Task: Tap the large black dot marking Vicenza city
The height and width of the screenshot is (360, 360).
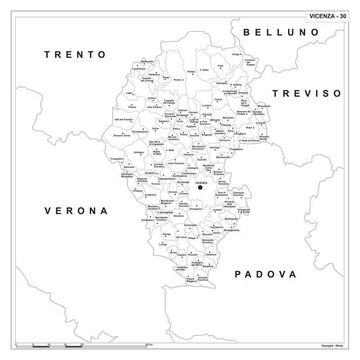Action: click(200, 188)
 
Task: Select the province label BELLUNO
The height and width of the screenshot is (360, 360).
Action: click(281, 32)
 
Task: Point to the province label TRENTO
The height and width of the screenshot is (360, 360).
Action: click(75, 54)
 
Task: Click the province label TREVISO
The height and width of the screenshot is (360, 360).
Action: click(307, 93)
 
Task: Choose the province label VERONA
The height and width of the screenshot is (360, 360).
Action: click(76, 211)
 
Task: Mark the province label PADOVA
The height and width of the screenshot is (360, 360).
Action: click(266, 274)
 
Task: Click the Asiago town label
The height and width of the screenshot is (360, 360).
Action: click(191, 71)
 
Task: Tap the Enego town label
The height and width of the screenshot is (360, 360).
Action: click(236, 54)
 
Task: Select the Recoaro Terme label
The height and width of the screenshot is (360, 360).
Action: click(121, 135)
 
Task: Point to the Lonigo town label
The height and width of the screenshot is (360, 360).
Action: click(163, 244)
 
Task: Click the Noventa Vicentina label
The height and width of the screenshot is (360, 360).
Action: click(203, 279)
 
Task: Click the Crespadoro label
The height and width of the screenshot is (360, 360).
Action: click(117, 158)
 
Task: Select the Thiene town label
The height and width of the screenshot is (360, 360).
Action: click(184, 135)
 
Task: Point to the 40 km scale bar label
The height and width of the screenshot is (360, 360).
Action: click(148, 344)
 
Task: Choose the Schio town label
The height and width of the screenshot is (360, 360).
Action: click(156, 129)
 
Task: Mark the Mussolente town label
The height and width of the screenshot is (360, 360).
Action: click(264, 106)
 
